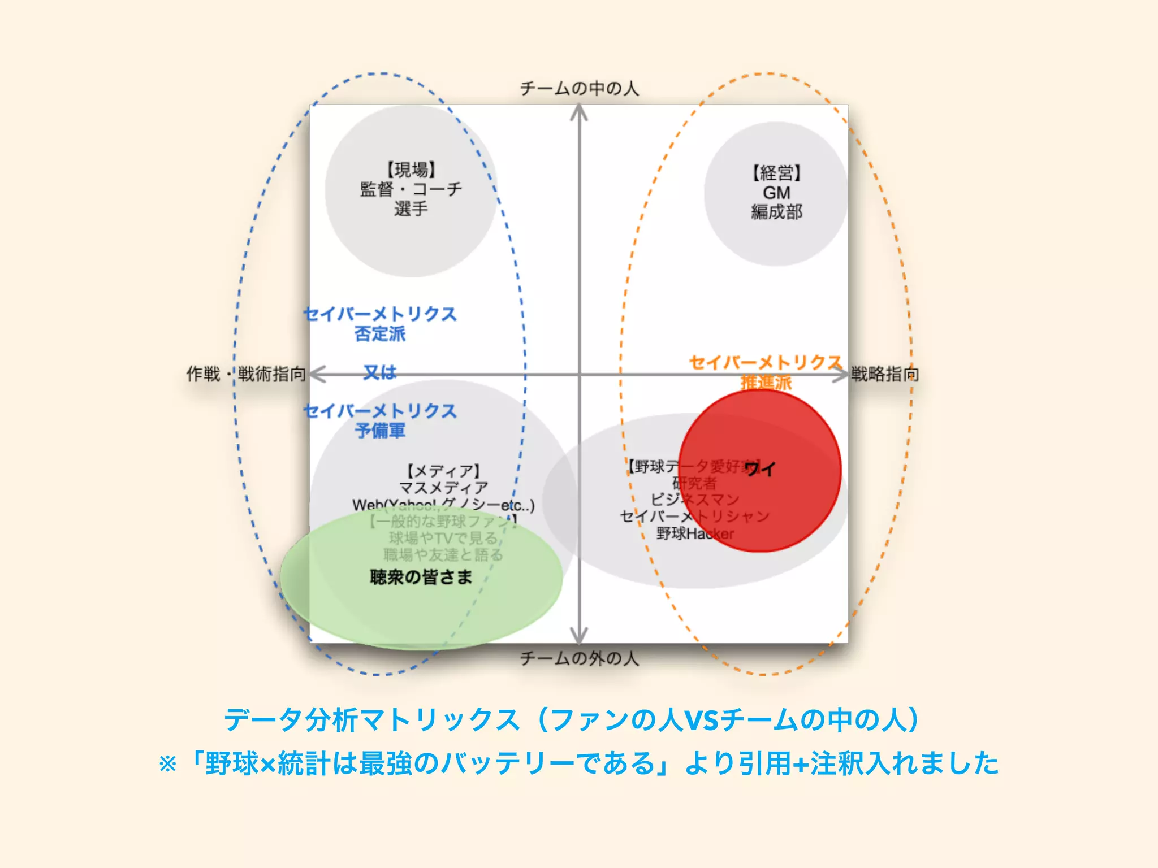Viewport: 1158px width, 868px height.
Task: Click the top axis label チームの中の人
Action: [x=579, y=88]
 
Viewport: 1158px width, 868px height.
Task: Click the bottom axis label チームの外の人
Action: [x=579, y=658]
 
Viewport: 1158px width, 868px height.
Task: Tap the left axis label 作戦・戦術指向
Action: [x=247, y=374]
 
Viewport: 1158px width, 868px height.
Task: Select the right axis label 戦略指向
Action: [x=885, y=374]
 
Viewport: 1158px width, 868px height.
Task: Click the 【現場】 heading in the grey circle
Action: [x=411, y=170]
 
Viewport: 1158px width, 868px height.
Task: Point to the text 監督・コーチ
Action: [x=411, y=189]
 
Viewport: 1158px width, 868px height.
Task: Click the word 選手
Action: [x=411, y=209]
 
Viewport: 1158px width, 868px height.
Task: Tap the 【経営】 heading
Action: [x=776, y=173]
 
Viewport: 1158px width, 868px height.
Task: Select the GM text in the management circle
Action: [x=776, y=193]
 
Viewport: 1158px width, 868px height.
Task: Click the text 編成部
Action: [x=776, y=212]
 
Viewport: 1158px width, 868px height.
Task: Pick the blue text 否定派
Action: [x=380, y=334]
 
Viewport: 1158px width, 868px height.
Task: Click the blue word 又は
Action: [x=380, y=372]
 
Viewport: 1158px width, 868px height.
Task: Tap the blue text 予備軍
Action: [x=380, y=431]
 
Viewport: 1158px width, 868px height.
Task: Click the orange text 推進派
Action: [x=766, y=383]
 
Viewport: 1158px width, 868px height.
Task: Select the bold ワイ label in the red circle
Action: [x=760, y=468]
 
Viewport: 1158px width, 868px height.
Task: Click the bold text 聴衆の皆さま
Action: [x=421, y=577]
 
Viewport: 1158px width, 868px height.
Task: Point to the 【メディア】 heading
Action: [x=443, y=471]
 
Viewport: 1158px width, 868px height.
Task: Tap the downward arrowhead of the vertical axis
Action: [x=579, y=636]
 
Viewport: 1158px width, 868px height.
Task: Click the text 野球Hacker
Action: [x=695, y=533]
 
